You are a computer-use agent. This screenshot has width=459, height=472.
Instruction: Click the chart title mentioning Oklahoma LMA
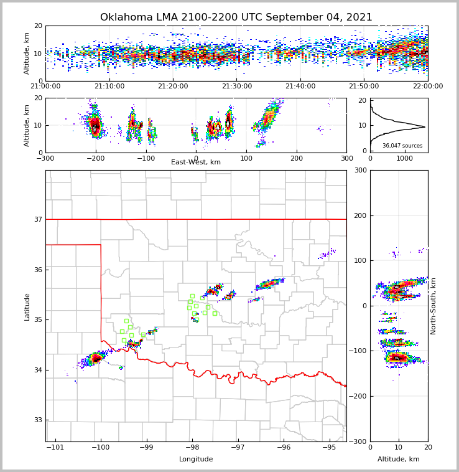pos(236,17)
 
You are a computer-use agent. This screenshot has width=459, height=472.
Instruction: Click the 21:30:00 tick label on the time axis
pos(236,86)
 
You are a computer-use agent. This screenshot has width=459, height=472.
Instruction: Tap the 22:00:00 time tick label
pos(427,86)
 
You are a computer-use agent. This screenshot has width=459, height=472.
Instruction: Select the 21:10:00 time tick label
pos(109,86)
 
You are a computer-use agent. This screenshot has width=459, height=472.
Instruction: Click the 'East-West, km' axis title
pos(196,163)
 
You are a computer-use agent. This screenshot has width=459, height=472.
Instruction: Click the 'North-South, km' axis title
pos(433,306)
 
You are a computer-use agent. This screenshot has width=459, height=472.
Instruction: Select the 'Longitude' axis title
pos(196,460)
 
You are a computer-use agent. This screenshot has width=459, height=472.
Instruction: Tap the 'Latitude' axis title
pos(27,306)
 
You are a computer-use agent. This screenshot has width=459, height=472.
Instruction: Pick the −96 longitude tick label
pos(283,448)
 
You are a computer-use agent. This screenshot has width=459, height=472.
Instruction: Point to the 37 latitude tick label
pos(37,219)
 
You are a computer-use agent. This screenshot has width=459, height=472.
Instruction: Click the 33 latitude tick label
pos(37,420)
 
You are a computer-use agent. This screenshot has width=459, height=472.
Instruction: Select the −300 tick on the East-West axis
pos(45,158)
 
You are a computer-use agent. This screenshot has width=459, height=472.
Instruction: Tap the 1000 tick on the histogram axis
pos(404,158)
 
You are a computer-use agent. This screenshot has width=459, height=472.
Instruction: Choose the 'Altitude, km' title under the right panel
pos(399,460)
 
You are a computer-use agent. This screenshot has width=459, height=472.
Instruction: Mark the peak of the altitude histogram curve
pos(425,127)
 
